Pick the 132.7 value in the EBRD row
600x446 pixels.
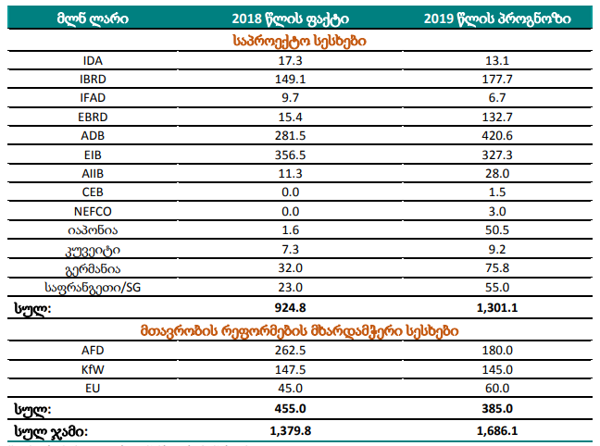496,117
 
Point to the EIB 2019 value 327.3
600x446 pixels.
496,155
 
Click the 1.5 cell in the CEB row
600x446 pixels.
496,192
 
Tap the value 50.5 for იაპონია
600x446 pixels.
496,230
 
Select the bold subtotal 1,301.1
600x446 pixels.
496,307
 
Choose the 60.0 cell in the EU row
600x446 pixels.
496,388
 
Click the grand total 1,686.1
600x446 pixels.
496,429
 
